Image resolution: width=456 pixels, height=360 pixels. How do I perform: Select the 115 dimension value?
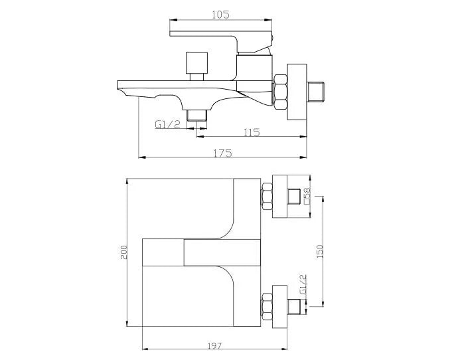pyautogui.click(x=251, y=132)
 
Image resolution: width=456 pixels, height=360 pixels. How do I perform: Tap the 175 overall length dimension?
pyautogui.click(x=222, y=153)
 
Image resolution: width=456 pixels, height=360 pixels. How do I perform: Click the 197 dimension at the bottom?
pyautogui.click(x=214, y=346)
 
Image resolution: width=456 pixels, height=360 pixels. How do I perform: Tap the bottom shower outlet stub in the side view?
pyautogui.click(x=197, y=114)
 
